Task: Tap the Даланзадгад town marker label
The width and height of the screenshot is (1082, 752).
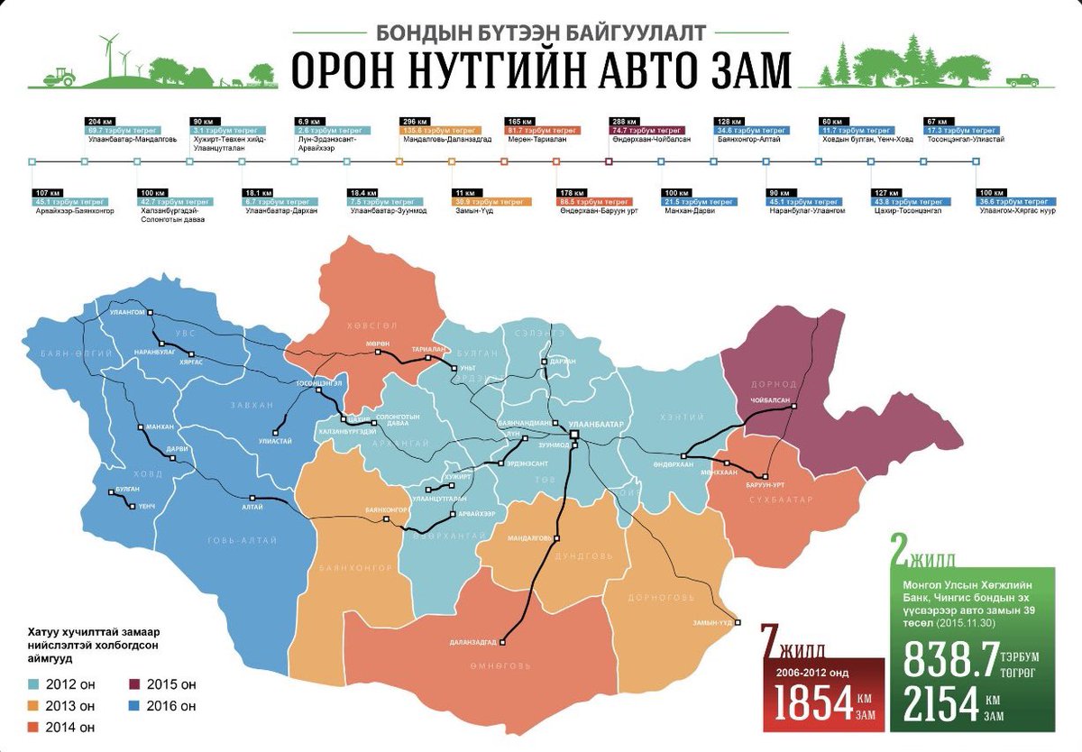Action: tap(472, 642)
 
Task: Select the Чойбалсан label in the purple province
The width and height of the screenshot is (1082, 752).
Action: tap(768, 399)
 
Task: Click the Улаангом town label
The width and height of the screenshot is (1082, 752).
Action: tap(127, 311)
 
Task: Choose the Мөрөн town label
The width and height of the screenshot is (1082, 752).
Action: tap(376, 344)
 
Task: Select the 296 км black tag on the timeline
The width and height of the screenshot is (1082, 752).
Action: tap(411, 121)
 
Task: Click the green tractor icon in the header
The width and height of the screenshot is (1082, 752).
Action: tap(61, 75)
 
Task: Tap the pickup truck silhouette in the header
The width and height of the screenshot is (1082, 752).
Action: tap(1022, 79)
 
